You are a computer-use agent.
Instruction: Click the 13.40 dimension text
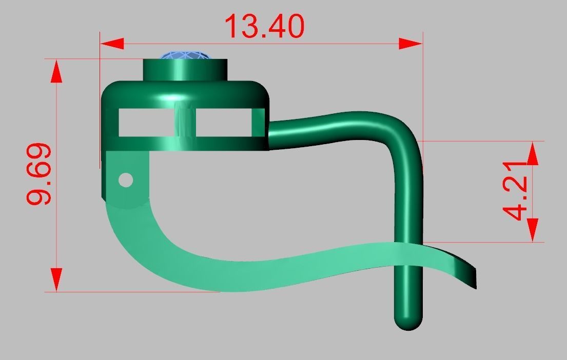coord(264,27)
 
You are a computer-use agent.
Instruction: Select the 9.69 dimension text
coord(39,174)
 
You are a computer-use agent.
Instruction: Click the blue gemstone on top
coord(184,56)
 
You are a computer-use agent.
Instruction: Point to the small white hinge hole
coord(126,180)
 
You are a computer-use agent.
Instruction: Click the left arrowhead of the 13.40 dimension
coord(112,44)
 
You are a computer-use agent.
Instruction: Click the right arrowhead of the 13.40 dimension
coord(410,44)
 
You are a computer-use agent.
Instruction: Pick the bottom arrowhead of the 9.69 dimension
coord(56,279)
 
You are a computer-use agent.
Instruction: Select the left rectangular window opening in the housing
coord(145,123)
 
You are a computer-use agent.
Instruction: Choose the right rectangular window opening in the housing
coord(224,123)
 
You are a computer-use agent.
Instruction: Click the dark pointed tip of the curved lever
coord(471,277)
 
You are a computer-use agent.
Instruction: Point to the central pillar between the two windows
coord(185,123)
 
